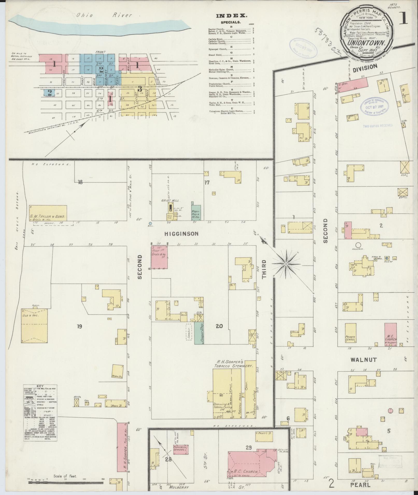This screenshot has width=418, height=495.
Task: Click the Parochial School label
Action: [x=181, y=449]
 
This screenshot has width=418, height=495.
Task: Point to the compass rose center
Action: [x=286, y=264]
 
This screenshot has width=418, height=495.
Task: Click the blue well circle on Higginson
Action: [x=150, y=223]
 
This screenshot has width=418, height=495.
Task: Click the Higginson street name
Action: [x=181, y=234]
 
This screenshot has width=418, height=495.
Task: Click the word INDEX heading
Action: [x=232, y=16]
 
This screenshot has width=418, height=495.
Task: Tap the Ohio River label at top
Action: [x=104, y=15]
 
